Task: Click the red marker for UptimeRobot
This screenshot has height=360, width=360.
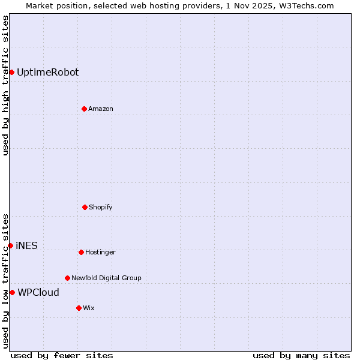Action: pyautogui.click(x=11, y=72)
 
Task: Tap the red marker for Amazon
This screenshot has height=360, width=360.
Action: pyautogui.click(x=84, y=109)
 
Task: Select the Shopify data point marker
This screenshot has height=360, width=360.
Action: pyautogui.click(x=85, y=207)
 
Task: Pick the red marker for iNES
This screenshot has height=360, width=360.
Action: pyautogui.click(x=10, y=245)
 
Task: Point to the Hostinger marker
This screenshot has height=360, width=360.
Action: pyautogui.click(x=81, y=252)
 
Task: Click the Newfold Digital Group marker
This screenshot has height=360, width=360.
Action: pyautogui.click(x=67, y=278)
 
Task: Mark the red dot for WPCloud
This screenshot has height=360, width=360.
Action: pyautogui.click(x=12, y=292)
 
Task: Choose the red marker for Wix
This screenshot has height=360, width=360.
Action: pyautogui.click(x=79, y=308)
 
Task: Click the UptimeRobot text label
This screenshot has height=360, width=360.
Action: pyautogui.click(x=47, y=72)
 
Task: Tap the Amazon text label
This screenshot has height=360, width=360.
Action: pyautogui.click(x=101, y=109)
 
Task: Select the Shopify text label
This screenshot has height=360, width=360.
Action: pyautogui.click(x=101, y=207)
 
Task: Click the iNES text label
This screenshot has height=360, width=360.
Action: pyautogui.click(x=26, y=245)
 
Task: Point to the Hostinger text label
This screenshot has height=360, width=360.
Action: pyautogui.click(x=100, y=252)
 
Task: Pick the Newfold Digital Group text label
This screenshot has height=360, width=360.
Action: pyautogui.click(x=106, y=278)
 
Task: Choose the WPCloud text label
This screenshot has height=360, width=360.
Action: pyautogui.click(x=38, y=292)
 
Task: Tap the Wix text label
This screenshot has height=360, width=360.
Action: pyautogui.click(x=89, y=308)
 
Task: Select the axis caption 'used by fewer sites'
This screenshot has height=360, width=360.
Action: pyautogui.click(x=62, y=355)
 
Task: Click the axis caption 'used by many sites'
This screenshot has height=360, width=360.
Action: pyautogui.click(x=301, y=355)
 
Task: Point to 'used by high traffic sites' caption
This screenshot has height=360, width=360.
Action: pyautogui.click(x=5, y=85)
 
